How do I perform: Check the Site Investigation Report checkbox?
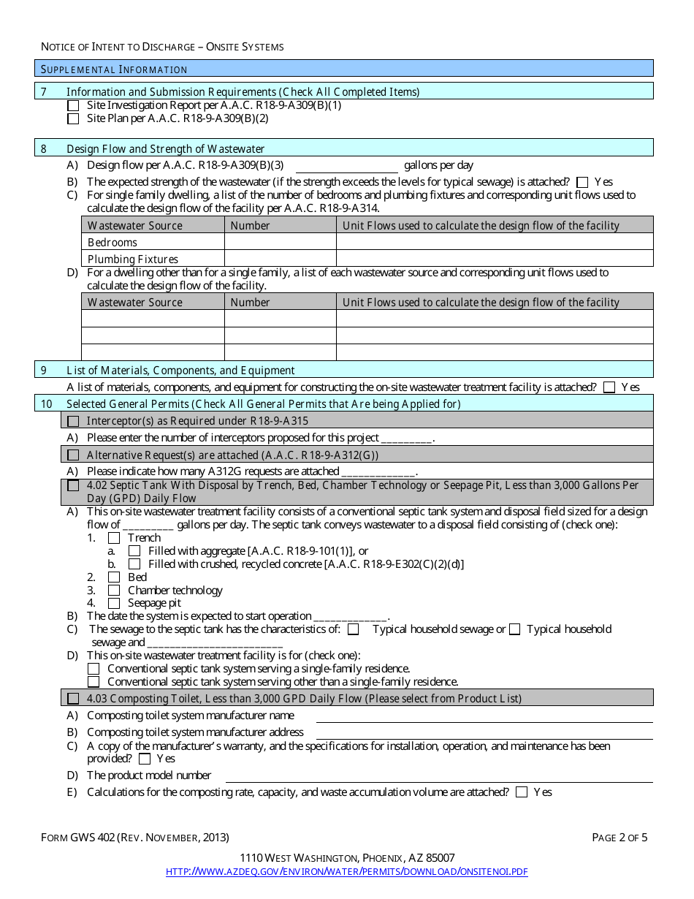(73, 105)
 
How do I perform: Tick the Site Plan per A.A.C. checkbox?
(73, 118)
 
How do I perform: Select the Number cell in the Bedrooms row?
(280, 242)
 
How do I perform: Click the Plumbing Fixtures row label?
(133, 259)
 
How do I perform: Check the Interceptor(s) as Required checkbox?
(73, 421)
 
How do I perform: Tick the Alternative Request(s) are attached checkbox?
(73, 455)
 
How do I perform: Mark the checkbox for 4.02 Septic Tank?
(73, 485)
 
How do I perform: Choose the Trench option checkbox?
(114, 538)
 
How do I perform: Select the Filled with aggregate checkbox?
(134, 551)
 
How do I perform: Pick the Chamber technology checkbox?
(114, 591)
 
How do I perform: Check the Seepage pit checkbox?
(114, 604)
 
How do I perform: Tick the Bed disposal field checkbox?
(114, 577)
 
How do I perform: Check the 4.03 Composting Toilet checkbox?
(73, 699)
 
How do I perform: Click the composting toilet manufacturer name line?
(484, 716)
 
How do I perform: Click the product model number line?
(438, 776)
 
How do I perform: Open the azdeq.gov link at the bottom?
(347, 871)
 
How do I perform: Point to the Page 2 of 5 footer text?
(619, 838)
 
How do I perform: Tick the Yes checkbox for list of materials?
(609, 388)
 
